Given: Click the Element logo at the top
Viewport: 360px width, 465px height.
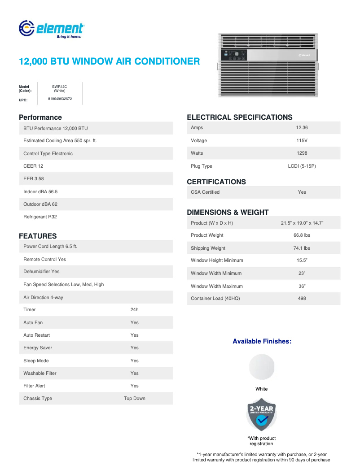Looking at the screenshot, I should tap(51, 29).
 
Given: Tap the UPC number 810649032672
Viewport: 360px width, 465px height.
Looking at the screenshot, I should tap(60, 99).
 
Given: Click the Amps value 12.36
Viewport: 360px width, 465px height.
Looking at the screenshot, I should tap(302, 128).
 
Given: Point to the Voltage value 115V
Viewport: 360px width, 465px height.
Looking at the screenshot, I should tap(302, 140).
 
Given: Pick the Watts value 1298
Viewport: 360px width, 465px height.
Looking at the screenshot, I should tap(302, 153).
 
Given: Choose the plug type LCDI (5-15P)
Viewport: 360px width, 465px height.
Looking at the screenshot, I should tap(302, 166).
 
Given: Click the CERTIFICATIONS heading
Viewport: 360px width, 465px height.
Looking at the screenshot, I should tap(216, 182).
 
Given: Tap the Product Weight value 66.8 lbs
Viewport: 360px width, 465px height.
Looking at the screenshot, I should tap(302, 235).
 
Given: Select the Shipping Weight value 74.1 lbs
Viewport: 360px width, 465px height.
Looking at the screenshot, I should tap(302, 248).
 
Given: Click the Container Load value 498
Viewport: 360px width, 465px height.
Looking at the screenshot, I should tap(302, 299).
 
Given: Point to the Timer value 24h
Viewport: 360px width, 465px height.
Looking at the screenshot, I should tap(134, 309).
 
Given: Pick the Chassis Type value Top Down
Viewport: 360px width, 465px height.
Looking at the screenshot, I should tap(134, 398).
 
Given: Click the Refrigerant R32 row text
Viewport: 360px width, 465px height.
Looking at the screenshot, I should tap(40, 217).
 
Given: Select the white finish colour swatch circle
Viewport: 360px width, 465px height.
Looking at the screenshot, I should tap(261, 367).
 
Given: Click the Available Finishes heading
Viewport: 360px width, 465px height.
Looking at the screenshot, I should tap(262, 341).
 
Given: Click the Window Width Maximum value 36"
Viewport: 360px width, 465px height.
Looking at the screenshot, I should tap(302, 286).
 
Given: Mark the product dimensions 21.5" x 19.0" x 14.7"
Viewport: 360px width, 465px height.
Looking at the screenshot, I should tap(302, 223).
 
